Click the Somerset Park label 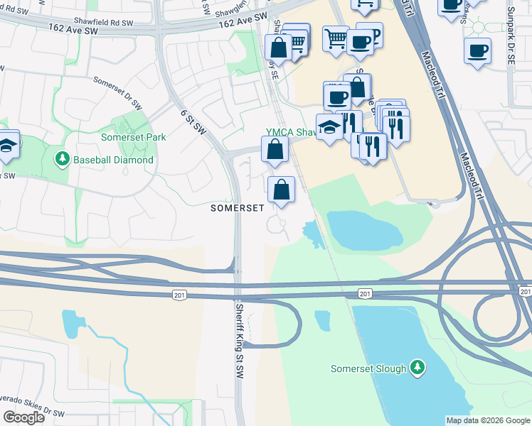133,137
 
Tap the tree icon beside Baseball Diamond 63,159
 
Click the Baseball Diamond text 114,160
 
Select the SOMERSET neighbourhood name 238,208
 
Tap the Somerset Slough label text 368,368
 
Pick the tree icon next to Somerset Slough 418,368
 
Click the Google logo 23,417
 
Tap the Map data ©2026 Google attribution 487,420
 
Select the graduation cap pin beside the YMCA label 329,128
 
